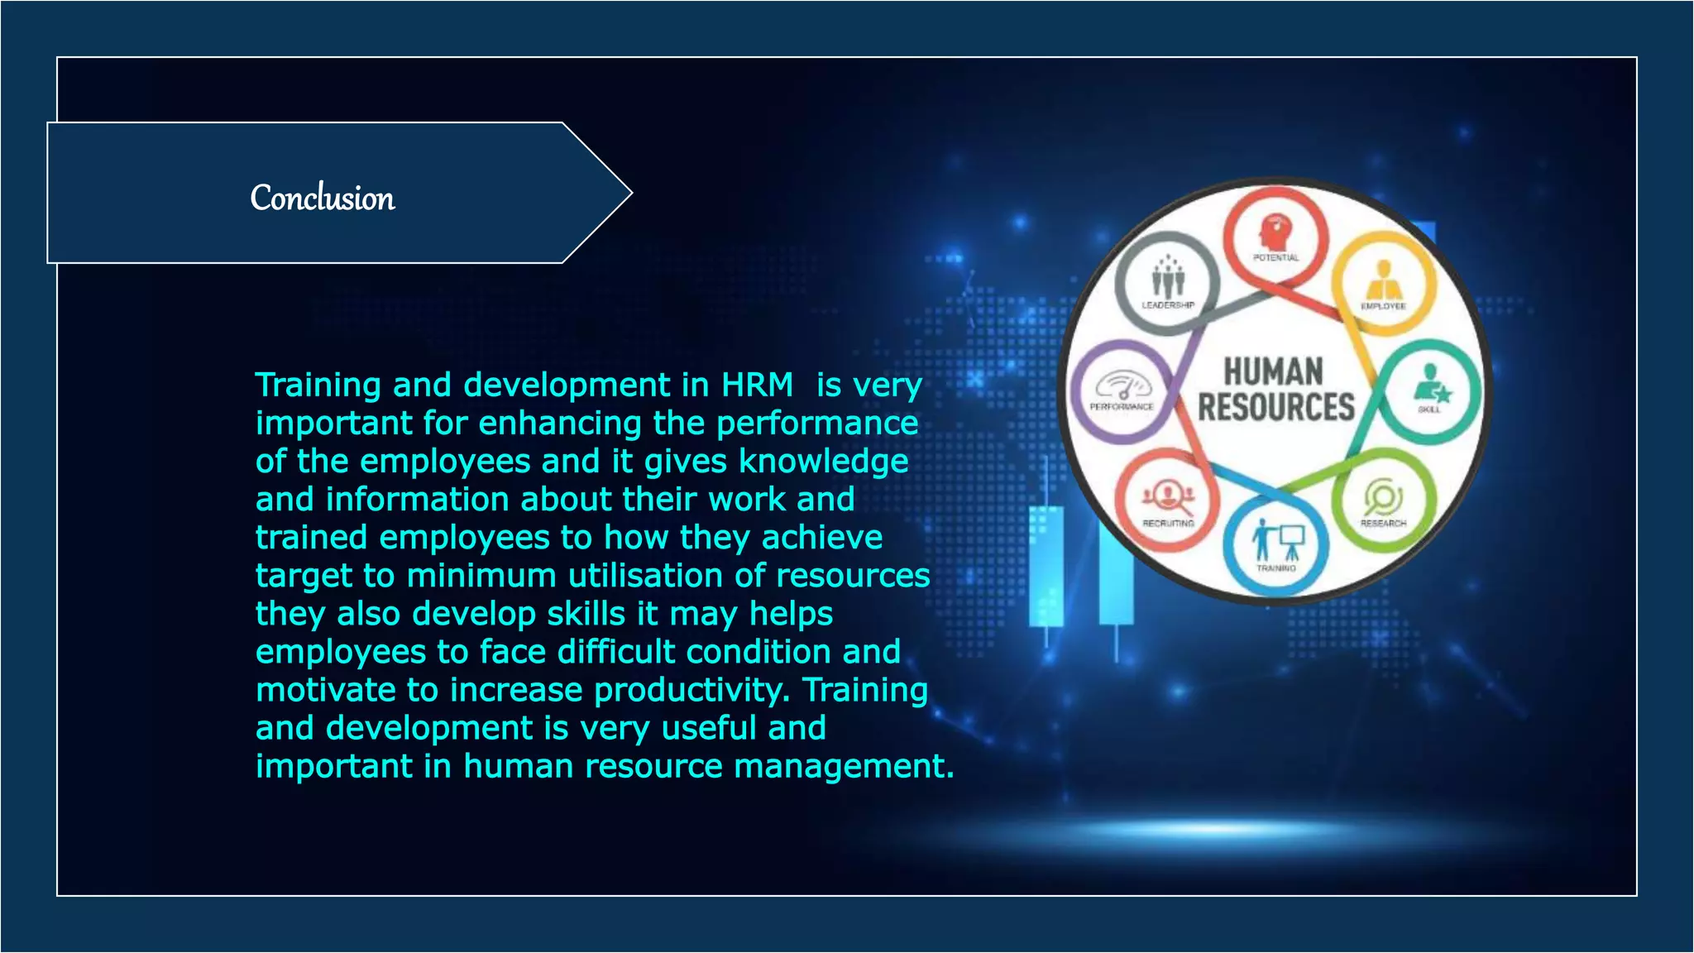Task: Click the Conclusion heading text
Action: click(x=323, y=199)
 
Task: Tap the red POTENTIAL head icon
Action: click(x=1275, y=232)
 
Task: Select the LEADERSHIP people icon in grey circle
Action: click(x=1168, y=278)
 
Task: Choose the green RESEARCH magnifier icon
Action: click(x=1382, y=497)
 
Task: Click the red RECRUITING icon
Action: click(x=1168, y=496)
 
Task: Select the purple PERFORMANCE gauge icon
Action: click(x=1122, y=386)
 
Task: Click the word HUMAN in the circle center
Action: click(x=1274, y=371)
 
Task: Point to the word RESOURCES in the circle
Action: click(x=1275, y=408)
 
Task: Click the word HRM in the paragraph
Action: click(x=757, y=386)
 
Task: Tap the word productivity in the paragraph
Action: click(x=691, y=690)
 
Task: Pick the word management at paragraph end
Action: click(x=844, y=766)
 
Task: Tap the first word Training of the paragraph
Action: click(x=318, y=386)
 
